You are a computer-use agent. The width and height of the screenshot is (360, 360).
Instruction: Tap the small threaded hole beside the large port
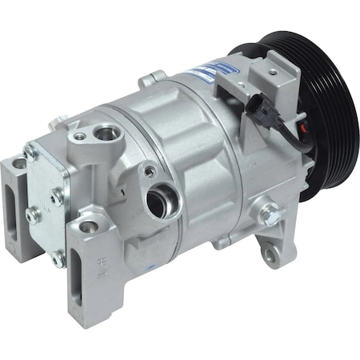(x=149, y=170)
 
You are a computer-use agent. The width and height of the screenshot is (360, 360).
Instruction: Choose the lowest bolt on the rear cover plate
(x=57, y=258)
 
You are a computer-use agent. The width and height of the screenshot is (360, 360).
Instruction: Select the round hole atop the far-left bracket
(x=18, y=165)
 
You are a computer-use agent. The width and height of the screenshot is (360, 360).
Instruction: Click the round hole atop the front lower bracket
(x=88, y=226)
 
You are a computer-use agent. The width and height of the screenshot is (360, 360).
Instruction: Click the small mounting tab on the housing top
(x=151, y=78)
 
